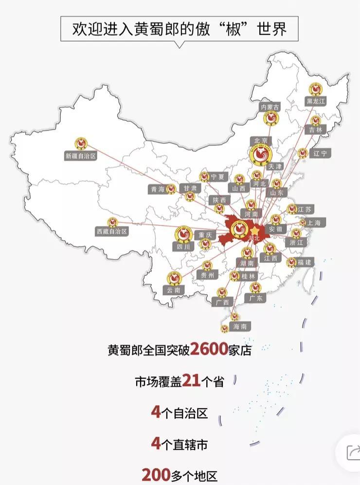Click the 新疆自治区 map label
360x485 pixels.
point(81,156)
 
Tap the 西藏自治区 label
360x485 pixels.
point(111,232)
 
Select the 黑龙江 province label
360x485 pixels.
point(315,101)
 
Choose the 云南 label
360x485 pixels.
point(174,290)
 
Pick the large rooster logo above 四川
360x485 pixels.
point(183,234)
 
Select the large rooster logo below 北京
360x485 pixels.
point(259,155)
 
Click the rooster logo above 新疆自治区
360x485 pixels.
point(81,144)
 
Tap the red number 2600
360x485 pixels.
point(209,349)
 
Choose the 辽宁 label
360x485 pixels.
point(320,153)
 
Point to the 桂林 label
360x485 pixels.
point(248,276)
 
